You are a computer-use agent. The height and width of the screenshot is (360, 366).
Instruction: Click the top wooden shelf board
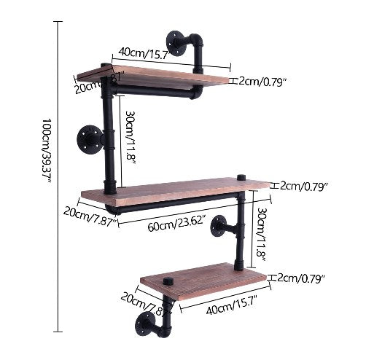153,74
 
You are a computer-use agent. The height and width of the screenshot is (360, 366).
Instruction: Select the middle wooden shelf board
175,190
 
